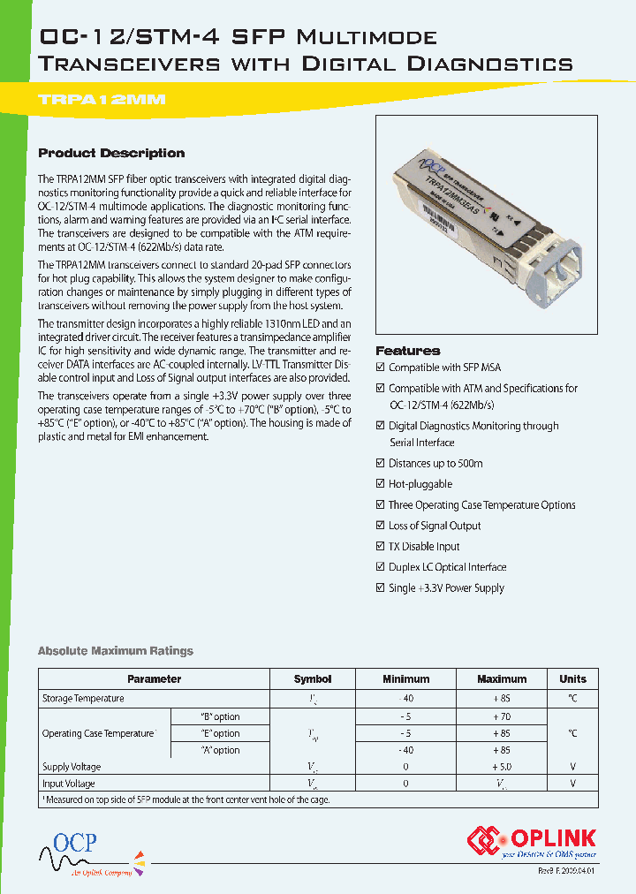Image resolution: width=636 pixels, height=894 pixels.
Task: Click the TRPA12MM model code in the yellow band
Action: pos(102,100)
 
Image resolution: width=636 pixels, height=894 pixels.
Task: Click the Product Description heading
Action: pos(111,153)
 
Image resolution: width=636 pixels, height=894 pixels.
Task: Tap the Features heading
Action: pos(407,351)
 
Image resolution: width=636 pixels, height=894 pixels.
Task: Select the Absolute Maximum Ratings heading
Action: pos(115,651)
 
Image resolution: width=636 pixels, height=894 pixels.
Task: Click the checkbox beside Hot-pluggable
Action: pos(381,484)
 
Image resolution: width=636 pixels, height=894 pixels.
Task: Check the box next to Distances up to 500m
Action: pos(381,464)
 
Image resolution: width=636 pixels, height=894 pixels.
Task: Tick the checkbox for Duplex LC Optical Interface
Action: pos(381,567)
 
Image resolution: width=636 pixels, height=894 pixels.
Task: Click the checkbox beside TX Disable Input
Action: pos(381,547)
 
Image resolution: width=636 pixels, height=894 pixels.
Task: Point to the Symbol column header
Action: pos(312,679)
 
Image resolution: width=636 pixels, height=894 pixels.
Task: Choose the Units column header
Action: pos(572,679)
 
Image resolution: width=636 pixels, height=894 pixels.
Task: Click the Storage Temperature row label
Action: pos(83,699)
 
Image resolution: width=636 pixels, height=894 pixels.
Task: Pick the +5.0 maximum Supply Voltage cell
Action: pos(502,767)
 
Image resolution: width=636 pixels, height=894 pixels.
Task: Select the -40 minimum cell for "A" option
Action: pos(405,750)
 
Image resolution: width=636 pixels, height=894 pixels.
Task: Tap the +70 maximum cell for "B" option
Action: pos(502,716)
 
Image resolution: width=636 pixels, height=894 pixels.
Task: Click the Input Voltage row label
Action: pos(69,784)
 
